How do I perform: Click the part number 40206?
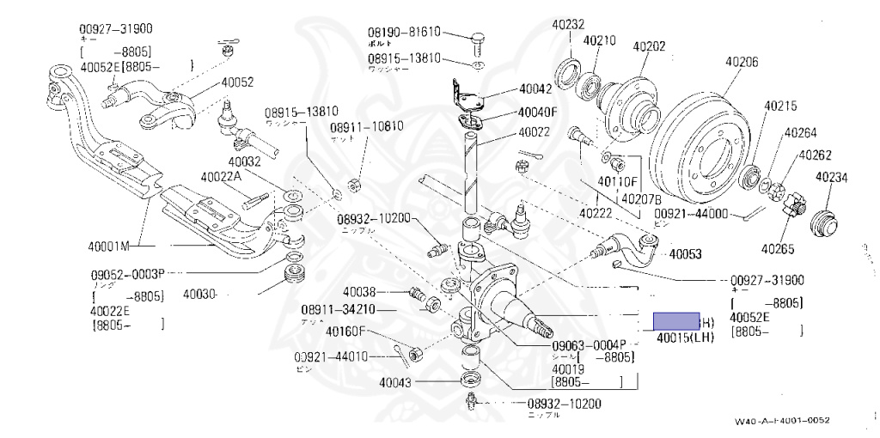pyautogui.click(x=741, y=62)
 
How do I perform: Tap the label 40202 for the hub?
pyautogui.click(x=650, y=46)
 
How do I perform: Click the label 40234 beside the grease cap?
pyautogui.click(x=832, y=178)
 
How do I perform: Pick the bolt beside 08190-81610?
pyautogui.click(x=479, y=38)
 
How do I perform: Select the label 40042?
pyautogui.click(x=535, y=88)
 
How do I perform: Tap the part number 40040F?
pyautogui.click(x=538, y=112)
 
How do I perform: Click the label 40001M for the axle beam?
pyautogui.click(x=108, y=246)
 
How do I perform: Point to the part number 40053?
pyautogui.click(x=685, y=254)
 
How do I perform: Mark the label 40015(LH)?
pyautogui.click(x=686, y=338)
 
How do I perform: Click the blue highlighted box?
pyautogui.click(x=676, y=321)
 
